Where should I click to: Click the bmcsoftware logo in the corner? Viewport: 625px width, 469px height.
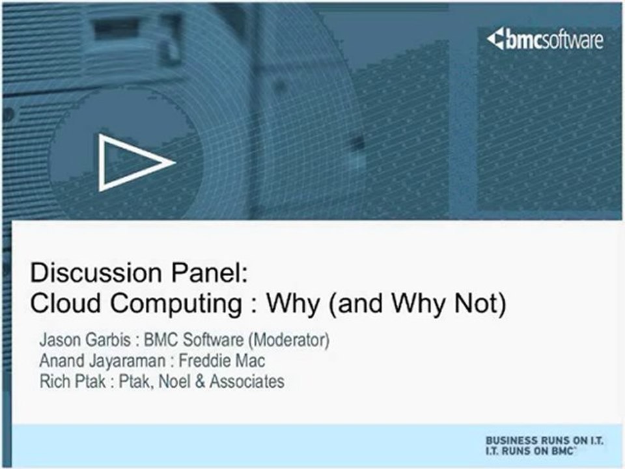tap(545, 40)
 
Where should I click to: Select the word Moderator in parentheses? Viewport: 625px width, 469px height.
tap(283, 340)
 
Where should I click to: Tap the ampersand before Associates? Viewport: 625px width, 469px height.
tap(198, 381)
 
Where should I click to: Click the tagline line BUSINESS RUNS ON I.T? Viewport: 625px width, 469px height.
tap(544, 441)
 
